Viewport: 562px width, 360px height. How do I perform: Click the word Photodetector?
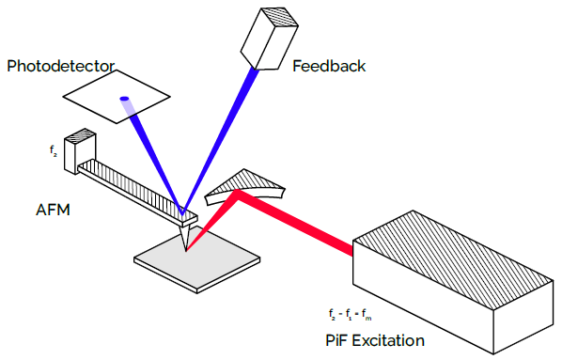(60, 66)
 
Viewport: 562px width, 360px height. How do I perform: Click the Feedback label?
(329, 66)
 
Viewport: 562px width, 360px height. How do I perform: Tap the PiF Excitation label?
(374, 339)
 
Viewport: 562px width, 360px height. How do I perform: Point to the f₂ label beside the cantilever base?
(53, 149)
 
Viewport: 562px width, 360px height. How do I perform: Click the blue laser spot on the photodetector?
(123, 99)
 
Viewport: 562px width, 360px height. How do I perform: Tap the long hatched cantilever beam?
(132, 184)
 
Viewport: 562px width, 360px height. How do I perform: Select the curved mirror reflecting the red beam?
(245, 187)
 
